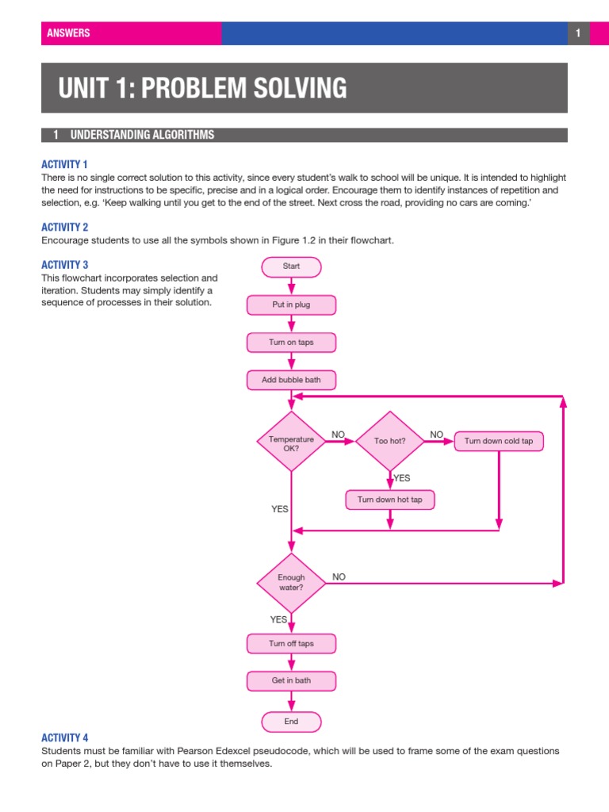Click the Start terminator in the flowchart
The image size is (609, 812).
(291, 266)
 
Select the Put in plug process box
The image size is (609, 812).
(291, 304)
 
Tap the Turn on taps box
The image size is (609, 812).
(291, 343)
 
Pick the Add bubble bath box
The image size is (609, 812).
(291, 381)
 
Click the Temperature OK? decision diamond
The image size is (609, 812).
(291, 442)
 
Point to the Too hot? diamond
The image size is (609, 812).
(389, 441)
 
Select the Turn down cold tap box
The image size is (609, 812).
(498, 441)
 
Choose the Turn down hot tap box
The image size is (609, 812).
(389, 500)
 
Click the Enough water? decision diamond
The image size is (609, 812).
(291, 583)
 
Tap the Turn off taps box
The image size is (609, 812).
(291, 643)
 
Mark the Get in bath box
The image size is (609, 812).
(291, 680)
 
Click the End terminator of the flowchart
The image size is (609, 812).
(291, 721)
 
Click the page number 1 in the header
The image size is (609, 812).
(579, 33)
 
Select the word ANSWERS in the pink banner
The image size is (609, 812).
(68, 33)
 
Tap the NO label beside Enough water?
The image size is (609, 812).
(339, 576)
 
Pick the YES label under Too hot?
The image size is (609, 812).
(402, 478)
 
